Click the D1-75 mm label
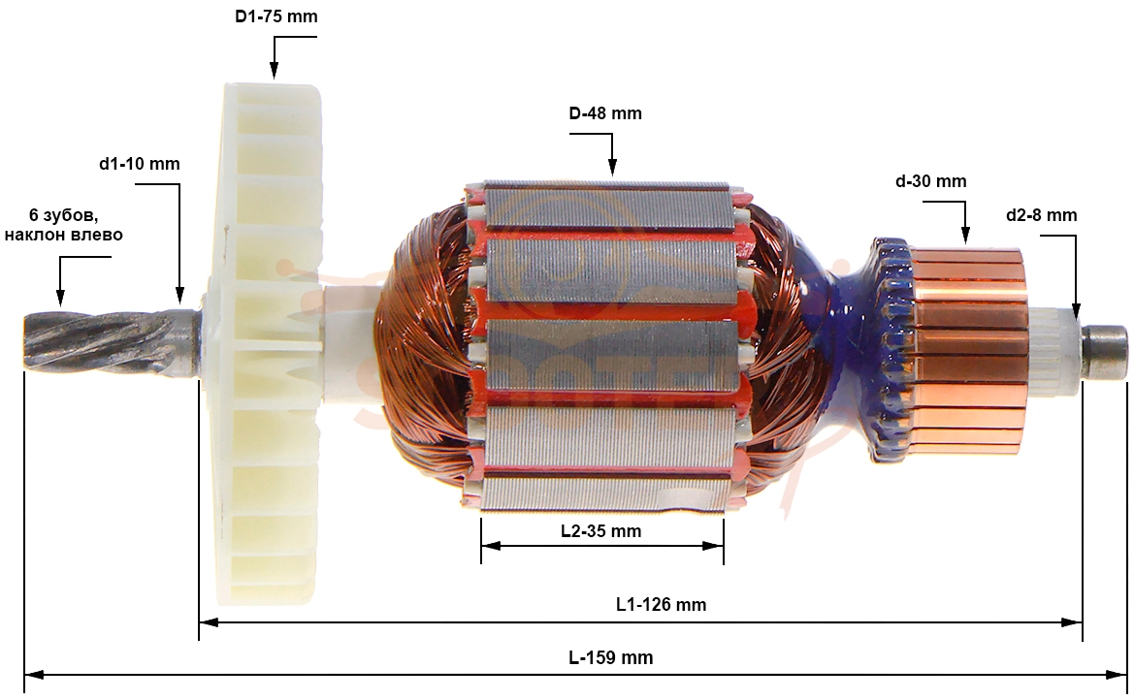[x=276, y=16]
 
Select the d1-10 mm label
[x=140, y=164]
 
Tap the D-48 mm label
[x=605, y=113]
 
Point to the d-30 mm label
[x=931, y=181]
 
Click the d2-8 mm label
[x=1042, y=215]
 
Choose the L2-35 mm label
[x=601, y=531]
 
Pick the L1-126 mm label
[x=661, y=605]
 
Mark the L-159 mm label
[x=611, y=658]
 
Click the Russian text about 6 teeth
[x=64, y=225]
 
